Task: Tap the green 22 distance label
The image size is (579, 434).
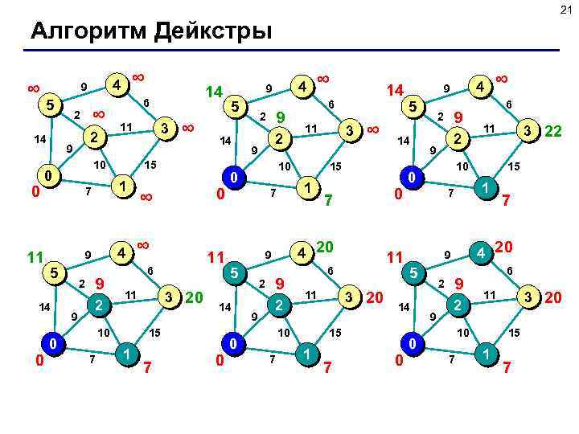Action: [x=552, y=129]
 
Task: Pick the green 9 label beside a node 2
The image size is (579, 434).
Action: [x=281, y=117]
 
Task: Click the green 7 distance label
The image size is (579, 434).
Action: [x=329, y=199]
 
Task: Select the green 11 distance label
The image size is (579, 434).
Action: [x=33, y=257]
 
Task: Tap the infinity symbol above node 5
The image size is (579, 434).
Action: [x=34, y=85]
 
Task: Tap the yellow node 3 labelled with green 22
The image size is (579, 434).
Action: [x=527, y=129]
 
